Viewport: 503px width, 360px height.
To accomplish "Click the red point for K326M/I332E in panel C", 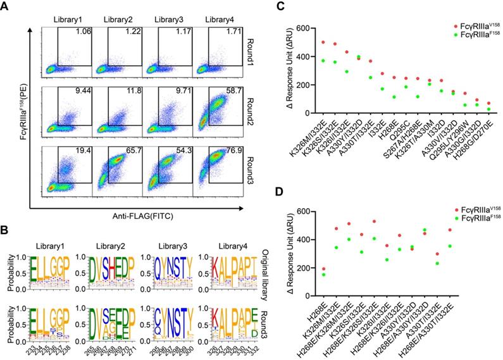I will [323, 42].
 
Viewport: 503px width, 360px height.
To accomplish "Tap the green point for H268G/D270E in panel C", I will [488, 109].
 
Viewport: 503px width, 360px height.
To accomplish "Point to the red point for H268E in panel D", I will [325, 269].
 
